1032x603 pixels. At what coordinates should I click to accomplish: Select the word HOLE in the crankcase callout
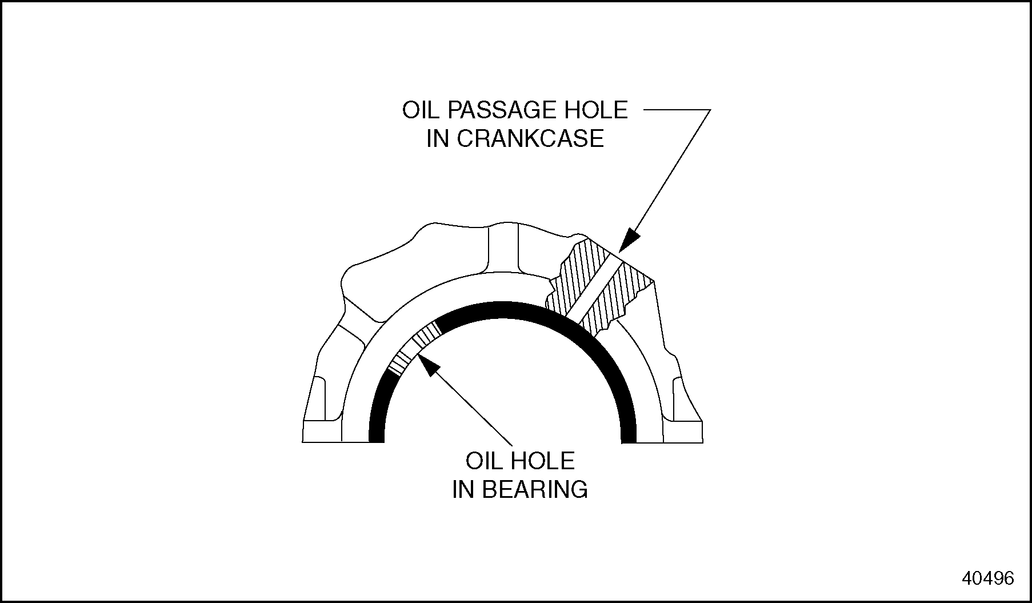point(599,110)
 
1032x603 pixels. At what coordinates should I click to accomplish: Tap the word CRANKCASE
point(530,139)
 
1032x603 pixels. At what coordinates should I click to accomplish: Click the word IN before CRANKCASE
point(437,139)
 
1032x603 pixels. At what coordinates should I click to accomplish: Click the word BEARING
point(535,489)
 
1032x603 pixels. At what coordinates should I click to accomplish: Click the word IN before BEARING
point(463,489)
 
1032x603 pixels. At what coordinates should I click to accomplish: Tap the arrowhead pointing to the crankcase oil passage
point(630,239)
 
